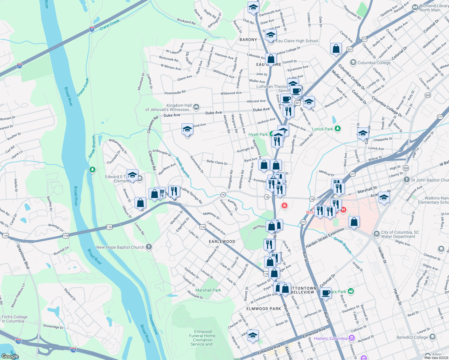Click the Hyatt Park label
(258, 135)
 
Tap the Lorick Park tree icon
(338, 129)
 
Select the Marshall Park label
(208, 290)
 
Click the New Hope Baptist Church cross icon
(149, 247)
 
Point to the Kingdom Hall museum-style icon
(196, 106)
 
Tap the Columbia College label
(374, 63)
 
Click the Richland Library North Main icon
(415, 7)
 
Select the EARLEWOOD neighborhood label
(222, 241)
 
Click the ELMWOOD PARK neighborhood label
(264, 309)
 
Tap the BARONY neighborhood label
(248, 40)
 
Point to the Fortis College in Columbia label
(15, 319)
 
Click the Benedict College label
(412, 337)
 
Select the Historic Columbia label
(330, 338)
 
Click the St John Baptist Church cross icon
(406, 180)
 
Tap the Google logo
(10, 356)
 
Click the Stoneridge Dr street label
(53, 326)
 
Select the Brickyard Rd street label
(186, 21)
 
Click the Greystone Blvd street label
(23, 256)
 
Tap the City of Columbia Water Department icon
(376, 234)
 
